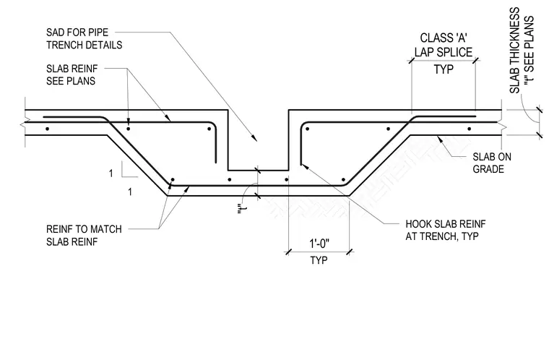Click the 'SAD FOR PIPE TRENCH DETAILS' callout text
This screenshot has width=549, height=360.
(x=84, y=38)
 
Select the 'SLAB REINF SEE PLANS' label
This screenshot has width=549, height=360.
(x=72, y=74)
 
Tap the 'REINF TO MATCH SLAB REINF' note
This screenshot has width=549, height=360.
(x=84, y=235)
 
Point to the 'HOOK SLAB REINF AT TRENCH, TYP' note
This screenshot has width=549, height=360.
(x=446, y=230)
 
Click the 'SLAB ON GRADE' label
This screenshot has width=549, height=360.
(x=492, y=163)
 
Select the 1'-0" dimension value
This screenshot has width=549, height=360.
(x=319, y=244)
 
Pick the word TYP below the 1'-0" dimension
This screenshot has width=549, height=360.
(x=319, y=260)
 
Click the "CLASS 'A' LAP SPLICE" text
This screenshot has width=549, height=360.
(x=444, y=45)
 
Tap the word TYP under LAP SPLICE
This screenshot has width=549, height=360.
(x=444, y=69)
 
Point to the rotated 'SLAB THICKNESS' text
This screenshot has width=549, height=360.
(x=514, y=51)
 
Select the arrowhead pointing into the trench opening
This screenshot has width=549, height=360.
(x=255, y=138)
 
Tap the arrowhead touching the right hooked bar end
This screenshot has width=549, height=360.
(x=304, y=166)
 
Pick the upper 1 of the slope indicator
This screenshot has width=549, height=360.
(x=111, y=173)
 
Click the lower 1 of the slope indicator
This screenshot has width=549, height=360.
(x=130, y=192)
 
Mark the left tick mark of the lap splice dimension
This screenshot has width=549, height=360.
(x=412, y=61)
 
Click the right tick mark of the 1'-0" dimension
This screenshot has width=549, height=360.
(x=350, y=252)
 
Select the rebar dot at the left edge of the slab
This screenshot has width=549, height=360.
(x=47, y=129)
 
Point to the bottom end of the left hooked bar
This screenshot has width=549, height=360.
(x=216, y=163)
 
